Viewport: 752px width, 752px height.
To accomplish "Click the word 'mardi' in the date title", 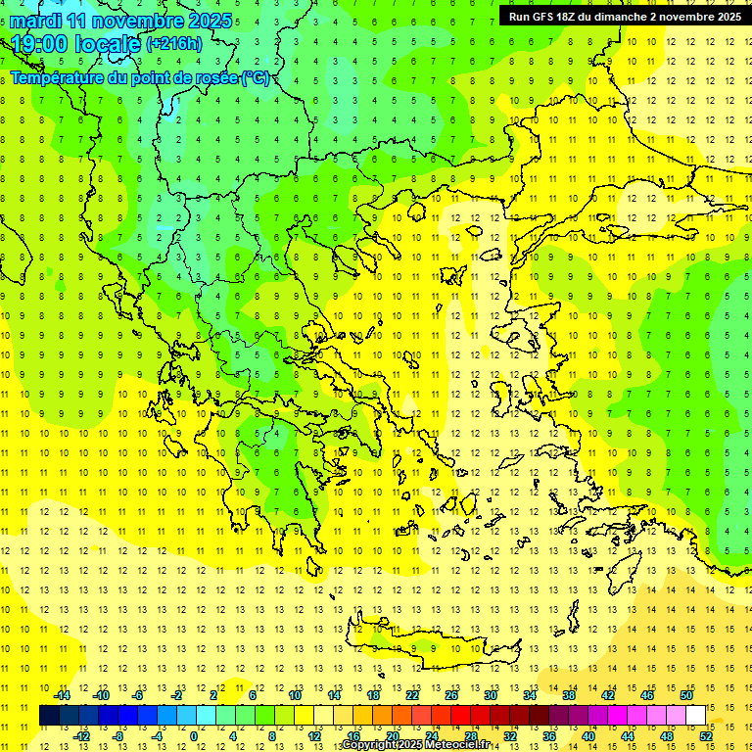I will (39, 21).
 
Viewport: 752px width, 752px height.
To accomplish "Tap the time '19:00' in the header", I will (39, 43).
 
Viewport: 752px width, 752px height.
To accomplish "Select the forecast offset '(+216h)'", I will (174, 43).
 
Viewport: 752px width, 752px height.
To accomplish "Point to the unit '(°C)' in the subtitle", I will (256, 77).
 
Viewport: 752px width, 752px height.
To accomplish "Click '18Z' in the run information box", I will (571, 17).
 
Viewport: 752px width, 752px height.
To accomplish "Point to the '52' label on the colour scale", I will (706, 735).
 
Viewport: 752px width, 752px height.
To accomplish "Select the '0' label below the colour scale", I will (194, 735).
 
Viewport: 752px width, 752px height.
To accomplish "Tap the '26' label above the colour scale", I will (451, 695).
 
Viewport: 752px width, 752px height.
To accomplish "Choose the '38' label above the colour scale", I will (569, 695).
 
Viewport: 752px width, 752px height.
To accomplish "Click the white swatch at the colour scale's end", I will (695, 716).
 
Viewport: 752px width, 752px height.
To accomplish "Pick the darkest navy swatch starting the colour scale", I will (50, 716).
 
